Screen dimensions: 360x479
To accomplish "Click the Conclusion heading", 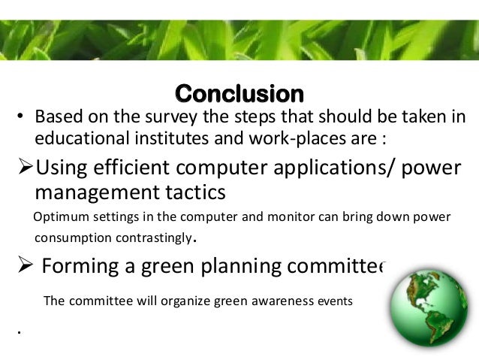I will click(x=239, y=95).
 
